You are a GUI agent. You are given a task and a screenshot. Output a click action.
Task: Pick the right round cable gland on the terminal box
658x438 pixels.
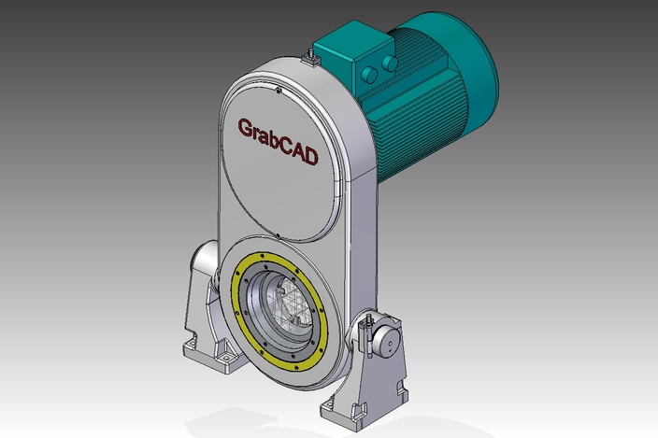pyautogui.click(x=389, y=63)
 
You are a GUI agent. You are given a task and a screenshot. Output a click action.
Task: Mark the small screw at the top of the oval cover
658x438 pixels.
pyautogui.click(x=279, y=91)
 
